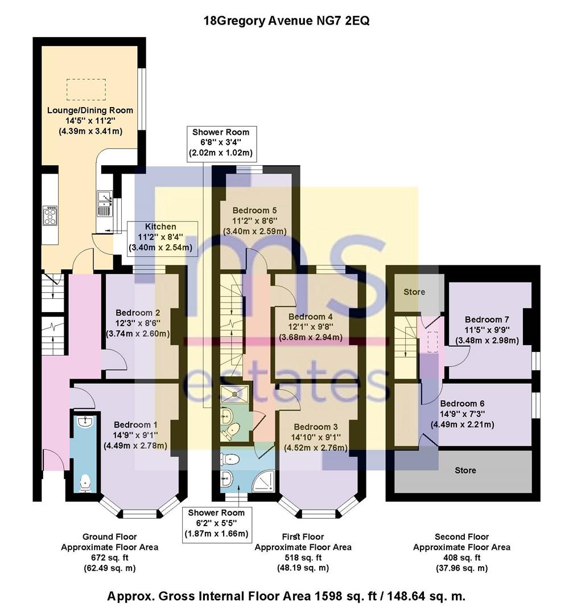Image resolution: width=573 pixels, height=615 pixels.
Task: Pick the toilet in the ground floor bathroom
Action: [x=85, y=483]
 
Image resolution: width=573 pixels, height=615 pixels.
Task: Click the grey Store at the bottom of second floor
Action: [x=465, y=470]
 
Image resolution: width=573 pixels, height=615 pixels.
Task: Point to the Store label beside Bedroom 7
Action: [x=414, y=292]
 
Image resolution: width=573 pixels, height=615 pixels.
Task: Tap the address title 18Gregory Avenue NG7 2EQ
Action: [x=287, y=21]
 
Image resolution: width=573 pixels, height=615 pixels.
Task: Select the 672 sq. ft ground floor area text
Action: [x=109, y=557]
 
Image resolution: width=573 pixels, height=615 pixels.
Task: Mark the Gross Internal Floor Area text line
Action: [x=286, y=597]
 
